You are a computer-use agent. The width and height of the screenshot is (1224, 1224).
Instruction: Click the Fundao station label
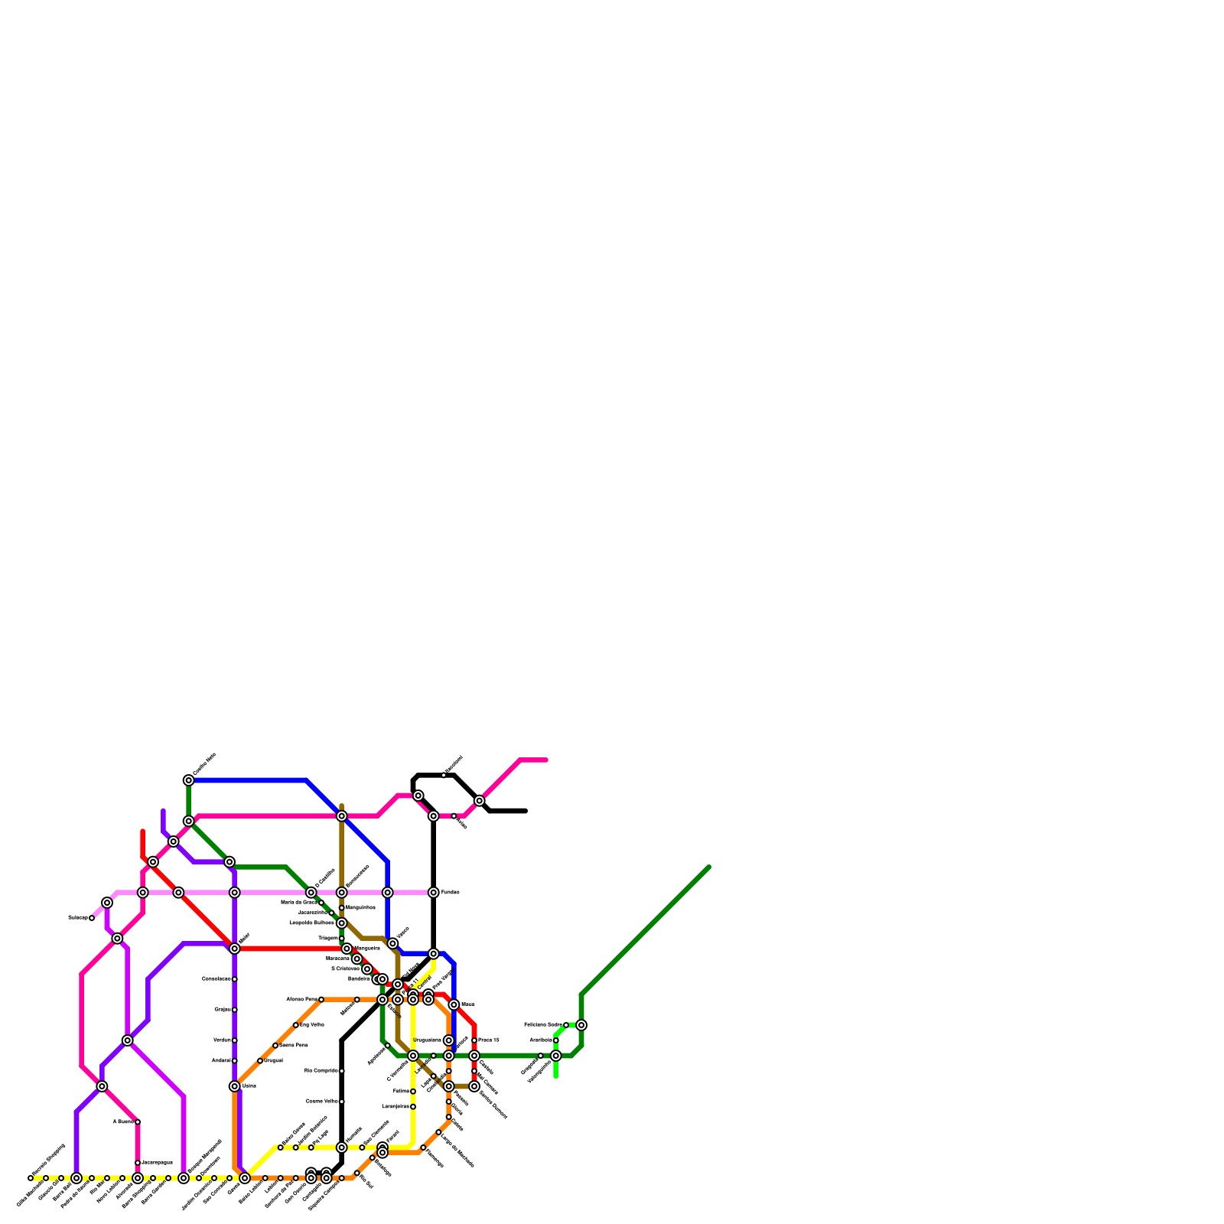tap(450, 893)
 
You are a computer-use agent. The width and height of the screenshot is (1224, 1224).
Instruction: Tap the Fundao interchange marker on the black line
tap(434, 893)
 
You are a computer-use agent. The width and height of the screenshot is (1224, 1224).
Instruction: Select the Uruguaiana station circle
tap(449, 1040)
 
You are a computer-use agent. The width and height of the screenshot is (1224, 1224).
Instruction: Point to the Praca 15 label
tap(489, 1040)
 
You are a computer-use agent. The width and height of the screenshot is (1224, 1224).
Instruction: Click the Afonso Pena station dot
tap(321, 1000)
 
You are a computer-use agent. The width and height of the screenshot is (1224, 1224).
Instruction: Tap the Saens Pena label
tap(294, 1045)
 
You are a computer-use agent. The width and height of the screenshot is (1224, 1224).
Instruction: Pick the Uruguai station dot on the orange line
tap(260, 1061)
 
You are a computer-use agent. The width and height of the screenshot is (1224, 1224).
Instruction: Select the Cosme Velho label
tap(322, 1102)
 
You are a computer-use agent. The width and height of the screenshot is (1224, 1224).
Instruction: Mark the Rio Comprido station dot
tap(342, 1071)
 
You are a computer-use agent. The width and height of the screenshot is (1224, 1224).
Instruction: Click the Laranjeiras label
tap(395, 1107)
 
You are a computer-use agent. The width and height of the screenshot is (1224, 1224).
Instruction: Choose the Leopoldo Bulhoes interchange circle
tap(342, 923)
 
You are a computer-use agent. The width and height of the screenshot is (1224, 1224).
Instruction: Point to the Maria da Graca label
tap(298, 903)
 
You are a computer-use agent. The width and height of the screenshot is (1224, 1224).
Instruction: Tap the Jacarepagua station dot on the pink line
tap(138, 1163)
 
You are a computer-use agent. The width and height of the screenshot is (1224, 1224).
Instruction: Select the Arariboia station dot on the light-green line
tap(556, 1040)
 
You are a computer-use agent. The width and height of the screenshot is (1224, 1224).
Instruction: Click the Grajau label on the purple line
tap(222, 1010)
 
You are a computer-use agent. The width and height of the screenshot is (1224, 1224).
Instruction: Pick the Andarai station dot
tap(235, 1061)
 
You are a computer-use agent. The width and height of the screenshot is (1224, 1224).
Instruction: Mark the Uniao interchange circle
tap(235, 1086)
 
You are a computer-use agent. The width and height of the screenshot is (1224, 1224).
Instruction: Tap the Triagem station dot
tap(342, 939)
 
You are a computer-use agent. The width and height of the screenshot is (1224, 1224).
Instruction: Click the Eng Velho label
tap(312, 1025)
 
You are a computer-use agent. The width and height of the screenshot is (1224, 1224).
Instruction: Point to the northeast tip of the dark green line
tap(709, 868)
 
